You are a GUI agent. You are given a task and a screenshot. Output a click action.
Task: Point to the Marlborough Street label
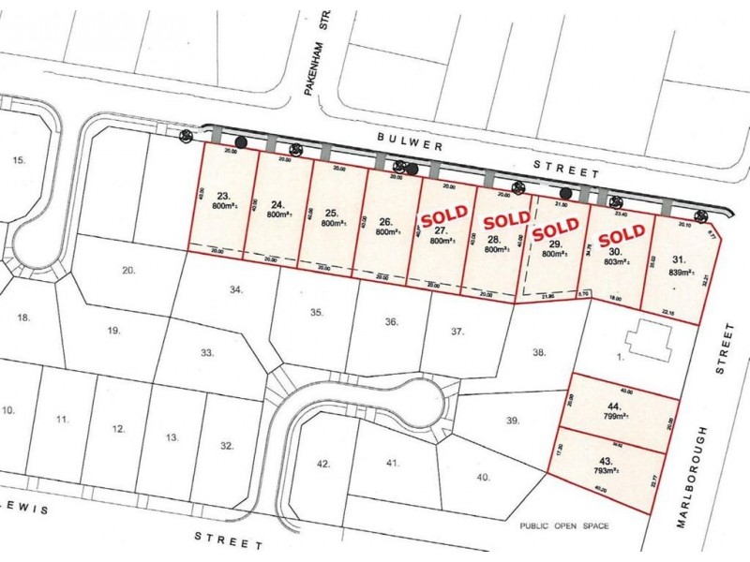[722, 431]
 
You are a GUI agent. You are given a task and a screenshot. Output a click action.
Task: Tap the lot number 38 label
[538, 353]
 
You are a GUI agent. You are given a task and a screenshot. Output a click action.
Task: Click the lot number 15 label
[19, 161]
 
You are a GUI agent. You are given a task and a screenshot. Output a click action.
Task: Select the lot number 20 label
[129, 271]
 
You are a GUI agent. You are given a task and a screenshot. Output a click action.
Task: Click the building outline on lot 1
[650, 338]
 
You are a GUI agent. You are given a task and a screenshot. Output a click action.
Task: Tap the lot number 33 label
[207, 352]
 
